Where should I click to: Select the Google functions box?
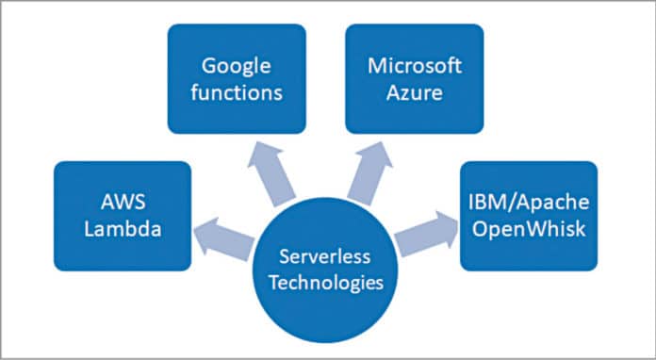[x=238, y=78]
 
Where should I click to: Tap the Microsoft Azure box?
[x=415, y=78]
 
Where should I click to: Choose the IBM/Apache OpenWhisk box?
[x=528, y=217]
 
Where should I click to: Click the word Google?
[x=238, y=66]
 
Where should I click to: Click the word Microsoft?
[x=415, y=66]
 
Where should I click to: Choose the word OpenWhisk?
[x=528, y=230]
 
